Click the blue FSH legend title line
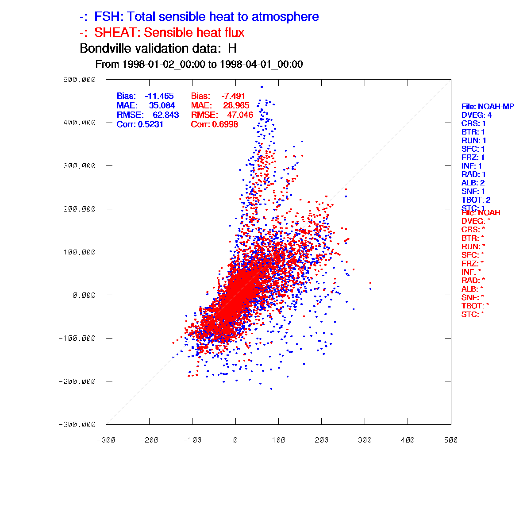tap(199, 17)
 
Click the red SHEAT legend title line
tap(162, 33)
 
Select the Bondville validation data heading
tap(158, 48)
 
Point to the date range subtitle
tap(199, 64)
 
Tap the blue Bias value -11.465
tap(159, 96)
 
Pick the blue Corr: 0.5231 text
tap(140, 124)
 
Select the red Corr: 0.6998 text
tap(214, 124)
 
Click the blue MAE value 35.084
tap(162, 105)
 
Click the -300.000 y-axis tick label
tap(77, 424)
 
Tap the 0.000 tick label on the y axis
tap(84, 295)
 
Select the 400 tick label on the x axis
tap(408, 440)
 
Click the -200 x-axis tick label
tap(149, 440)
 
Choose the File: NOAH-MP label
tap(488, 107)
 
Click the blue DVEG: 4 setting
tap(476, 115)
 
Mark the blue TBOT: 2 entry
tap(476, 200)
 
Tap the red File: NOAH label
tap(481, 213)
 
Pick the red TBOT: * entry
tap(475, 306)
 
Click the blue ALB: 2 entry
tap(473, 183)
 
